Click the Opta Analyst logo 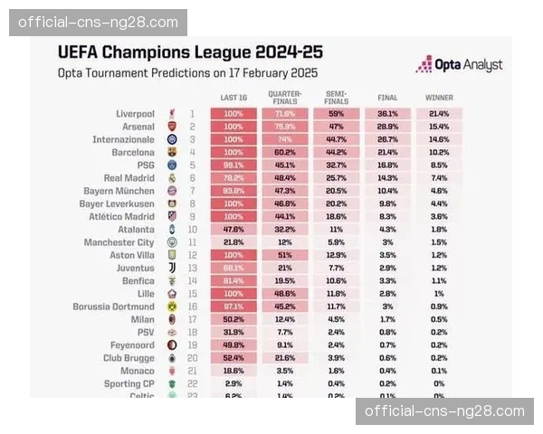[459, 64]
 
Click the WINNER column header [439, 97]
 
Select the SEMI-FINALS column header [336, 97]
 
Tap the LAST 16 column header [233, 97]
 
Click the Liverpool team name [135, 114]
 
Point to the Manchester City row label [119, 243]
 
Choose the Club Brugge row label [129, 359]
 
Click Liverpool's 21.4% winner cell [439, 114]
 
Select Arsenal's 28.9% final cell [387, 127]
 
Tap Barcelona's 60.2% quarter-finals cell [285, 153]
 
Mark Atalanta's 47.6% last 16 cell [233, 231]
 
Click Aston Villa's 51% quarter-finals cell [285, 256]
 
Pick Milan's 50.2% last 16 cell [233, 320]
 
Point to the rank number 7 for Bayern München [192, 192]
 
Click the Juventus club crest [173, 269]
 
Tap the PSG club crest [173, 165]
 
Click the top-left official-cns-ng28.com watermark [98, 22]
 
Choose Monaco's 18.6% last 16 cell [233, 372]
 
